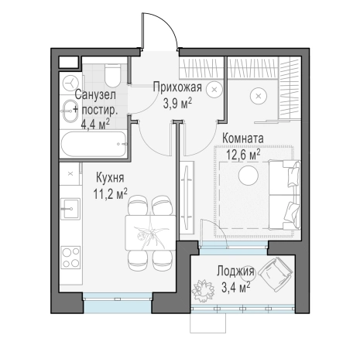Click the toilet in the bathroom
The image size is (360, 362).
[x=112, y=75]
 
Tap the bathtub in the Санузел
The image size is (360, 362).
[x=94, y=144]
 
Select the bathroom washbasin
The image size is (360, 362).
[x=70, y=111]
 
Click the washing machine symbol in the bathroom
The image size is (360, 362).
[x=70, y=84]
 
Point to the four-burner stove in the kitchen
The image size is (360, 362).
[x=70, y=257]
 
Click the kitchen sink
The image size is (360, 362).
[x=70, y=209]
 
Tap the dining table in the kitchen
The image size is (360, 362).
[x=150, y=233]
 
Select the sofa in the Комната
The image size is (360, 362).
[x=284, y=195]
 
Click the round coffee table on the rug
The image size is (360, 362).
[x=249, y=176]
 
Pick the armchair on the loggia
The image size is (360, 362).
[x=276, y=274]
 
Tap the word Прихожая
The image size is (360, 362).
[x=177, y=87]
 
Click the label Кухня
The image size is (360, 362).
[x=110, y=178]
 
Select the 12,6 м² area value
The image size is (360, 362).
[x=243, y=155]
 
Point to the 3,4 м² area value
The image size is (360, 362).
[x=235, y=287]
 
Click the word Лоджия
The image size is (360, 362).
[x=235, y=271]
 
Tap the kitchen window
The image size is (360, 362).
[x=118, y=302]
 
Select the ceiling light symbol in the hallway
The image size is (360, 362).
[x=214, y=90]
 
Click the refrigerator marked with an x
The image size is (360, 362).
[x=70, y=174]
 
